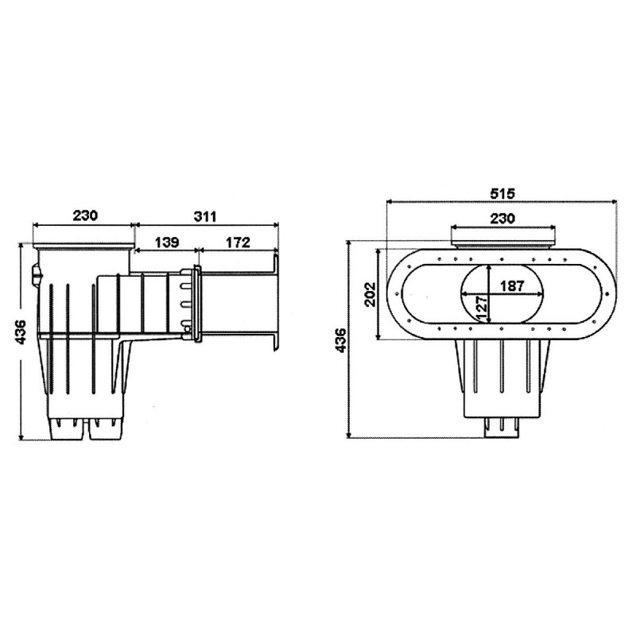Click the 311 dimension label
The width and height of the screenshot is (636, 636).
pos(205,216)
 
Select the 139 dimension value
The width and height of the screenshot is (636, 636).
pos(167,242)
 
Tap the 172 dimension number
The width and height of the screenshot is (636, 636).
pos(238,242)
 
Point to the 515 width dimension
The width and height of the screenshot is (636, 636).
pos(502,193)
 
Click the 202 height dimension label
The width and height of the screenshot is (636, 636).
pos(370,294)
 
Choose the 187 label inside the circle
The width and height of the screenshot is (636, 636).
pos(512,286)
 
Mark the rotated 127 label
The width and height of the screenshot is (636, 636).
pos(482,308)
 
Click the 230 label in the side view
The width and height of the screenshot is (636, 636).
pos(85,215)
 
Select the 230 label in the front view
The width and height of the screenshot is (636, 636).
pos(502,218)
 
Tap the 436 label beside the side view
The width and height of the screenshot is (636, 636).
pos(20,332)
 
